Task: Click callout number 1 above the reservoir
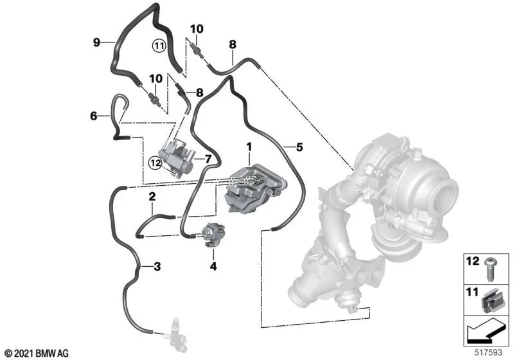(249, 147)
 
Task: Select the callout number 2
(152, 197)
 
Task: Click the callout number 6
(94, 116)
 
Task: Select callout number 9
(96, 42)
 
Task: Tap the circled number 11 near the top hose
(158, 45)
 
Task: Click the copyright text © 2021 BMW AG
(36, 353)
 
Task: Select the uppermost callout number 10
(196, 29)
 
